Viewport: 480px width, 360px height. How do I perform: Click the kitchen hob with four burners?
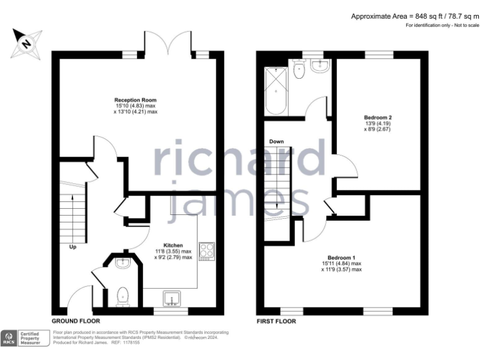click(206, 251)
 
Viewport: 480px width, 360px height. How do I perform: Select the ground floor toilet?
click(123, 295)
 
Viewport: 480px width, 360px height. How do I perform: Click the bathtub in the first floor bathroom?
click(276, 91)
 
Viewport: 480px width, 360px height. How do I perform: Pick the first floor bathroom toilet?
click(298, 70)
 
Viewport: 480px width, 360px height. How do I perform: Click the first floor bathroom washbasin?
click(322, 66)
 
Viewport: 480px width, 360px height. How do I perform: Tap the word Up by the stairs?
click(73, 246)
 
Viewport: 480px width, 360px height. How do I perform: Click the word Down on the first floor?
click(276, 142)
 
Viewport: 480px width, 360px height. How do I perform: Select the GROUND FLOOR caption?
click(76, 321)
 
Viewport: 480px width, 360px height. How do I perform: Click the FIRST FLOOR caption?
click(276, 321)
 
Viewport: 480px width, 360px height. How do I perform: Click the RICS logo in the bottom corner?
click(11, 337)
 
